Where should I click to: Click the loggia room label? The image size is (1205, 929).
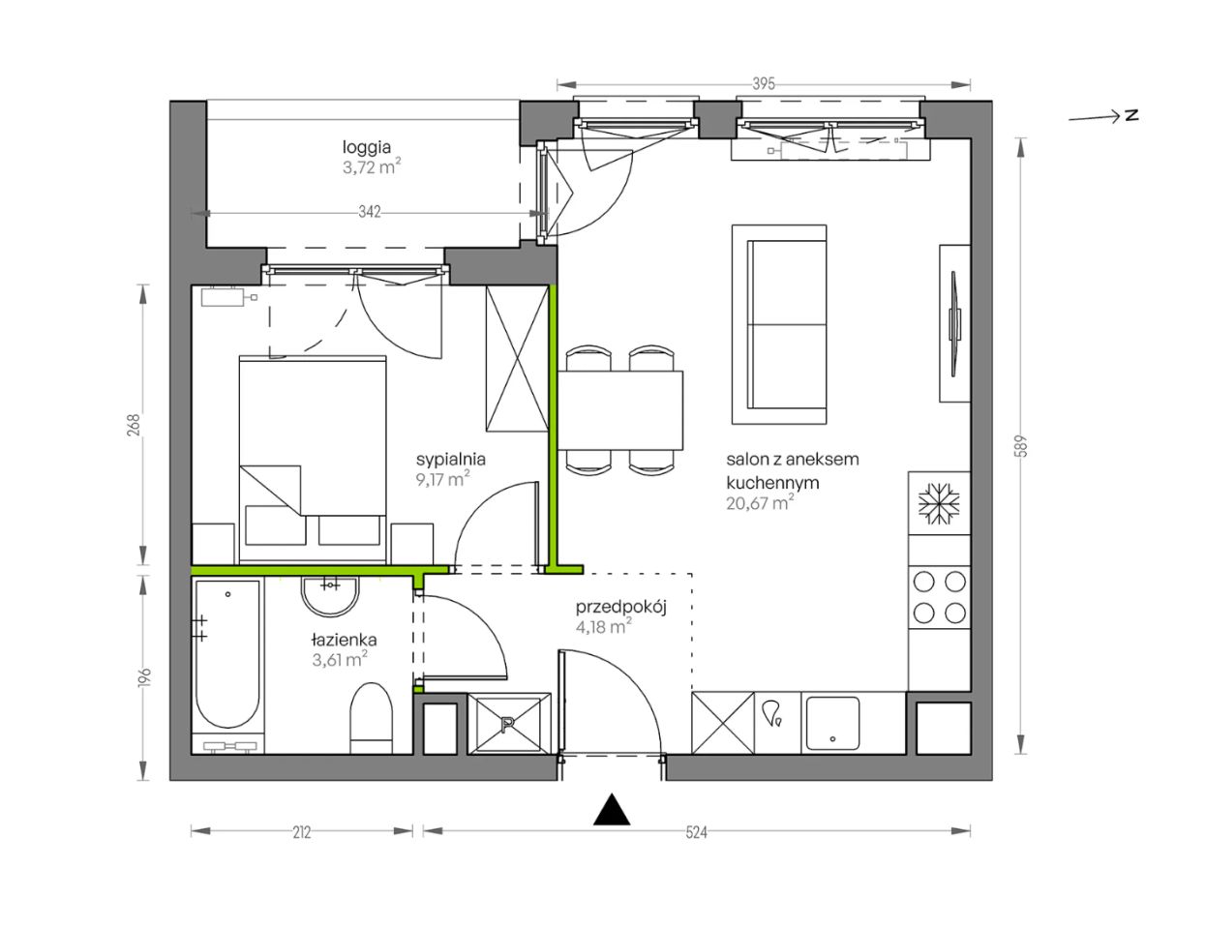coord(366,147)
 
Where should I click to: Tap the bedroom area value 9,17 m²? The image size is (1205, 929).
coord(442,478)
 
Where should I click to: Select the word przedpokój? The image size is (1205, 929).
coord(620,608)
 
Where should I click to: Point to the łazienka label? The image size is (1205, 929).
coord(344,640)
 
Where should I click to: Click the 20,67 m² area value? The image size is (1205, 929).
coord(760,503)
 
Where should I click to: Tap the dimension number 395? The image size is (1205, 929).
coord(763,84)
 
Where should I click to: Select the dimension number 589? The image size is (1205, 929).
coord(1021,446)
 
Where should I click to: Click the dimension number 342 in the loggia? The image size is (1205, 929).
coord(370,212)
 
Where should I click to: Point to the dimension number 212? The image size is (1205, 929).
coord(302,832)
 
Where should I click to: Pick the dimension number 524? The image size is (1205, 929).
coord(696,832)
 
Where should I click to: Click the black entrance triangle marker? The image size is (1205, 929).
coord(612,810)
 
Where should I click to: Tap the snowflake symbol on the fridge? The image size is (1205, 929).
coord(939,503)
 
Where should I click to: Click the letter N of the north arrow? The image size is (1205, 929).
coord(1131,115)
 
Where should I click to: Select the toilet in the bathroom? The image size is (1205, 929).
coord(371,718)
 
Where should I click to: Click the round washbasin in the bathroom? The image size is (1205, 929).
coord(330,596)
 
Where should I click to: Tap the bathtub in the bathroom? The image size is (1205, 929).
coord(227,654)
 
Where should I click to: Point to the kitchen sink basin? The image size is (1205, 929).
coord(832,723)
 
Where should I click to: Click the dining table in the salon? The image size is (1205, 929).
coord(620,410)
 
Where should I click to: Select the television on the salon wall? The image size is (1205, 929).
coord(953,324)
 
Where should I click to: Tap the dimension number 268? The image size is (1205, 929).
coord(135,425)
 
